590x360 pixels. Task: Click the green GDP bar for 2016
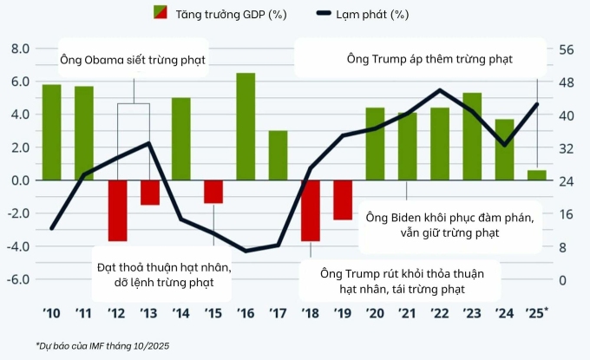pyautogui.click(x=246, y=127)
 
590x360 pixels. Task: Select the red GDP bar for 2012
pyautogui.click(x=117, y=211)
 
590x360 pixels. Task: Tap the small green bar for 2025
pyautogui.click(x=537, y=175)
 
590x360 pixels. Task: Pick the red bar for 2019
pyautogui.click(x=343, y=200)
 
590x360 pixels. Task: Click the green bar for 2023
pyautogui.click(x=472, y=136)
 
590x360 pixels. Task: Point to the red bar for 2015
pyautogui.click(x=213, y=192)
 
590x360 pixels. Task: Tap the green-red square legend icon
pyautogui.click(x=160, y=15)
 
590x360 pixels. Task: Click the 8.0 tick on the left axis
pyautogui.click(x=19, y=49)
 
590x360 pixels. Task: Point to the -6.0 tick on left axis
pyautogui.click(x=17, y=280)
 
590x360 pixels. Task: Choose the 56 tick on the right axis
pyautogui.click(x=566, y=49)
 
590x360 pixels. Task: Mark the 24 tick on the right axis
pyautogui.click(x=566, y=181)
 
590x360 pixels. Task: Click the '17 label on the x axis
pyautogui.click(x=278, y=313)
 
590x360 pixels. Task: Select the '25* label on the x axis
pyautogui.click(x=539, y=313)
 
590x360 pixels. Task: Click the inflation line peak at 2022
pyautogui.click(x=441, y=90)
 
